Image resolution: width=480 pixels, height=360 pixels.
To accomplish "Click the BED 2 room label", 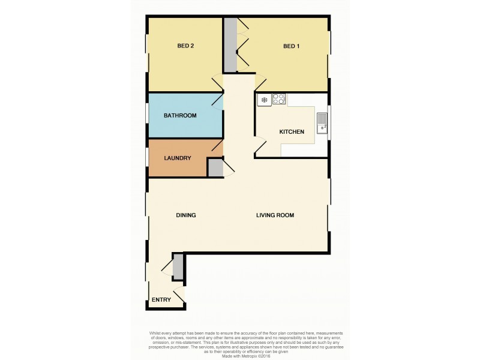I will click(x=185, y=46).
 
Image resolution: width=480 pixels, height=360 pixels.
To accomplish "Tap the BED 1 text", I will click(x=291, y=46).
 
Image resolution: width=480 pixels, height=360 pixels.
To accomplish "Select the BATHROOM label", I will click(x=180, y=115).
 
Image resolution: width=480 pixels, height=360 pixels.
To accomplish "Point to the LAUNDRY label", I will click(x=178, y=158).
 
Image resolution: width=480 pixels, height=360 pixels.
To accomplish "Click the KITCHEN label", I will click(x=292, y=132).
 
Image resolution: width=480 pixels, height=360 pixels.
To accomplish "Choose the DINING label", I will click(x=186, y=215).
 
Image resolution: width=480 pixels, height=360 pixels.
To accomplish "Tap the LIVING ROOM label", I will click(x=275, y=215).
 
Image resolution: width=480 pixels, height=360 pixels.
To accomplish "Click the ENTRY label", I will click(x=161, y=300).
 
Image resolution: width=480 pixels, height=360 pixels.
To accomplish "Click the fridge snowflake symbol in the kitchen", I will click(x=263, y=100).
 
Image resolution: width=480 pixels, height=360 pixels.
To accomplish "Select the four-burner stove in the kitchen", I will click(x=279, y=100).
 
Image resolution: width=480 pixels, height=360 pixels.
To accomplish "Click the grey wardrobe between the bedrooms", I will click(x=230, y=45).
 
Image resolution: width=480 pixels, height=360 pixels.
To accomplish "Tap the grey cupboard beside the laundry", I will click(x=215, y=168).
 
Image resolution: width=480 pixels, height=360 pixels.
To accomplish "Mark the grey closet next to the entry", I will click(x=178, y=267).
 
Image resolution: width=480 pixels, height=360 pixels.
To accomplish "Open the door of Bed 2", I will click(x=217, y=83).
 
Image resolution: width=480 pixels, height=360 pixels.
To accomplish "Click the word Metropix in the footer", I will click(x=247, y=356).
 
